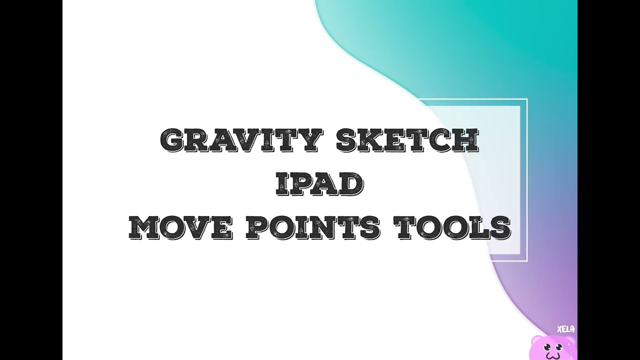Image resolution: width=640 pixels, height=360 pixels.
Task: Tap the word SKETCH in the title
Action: pos(407,141)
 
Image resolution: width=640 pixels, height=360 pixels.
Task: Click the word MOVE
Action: pos(180,227)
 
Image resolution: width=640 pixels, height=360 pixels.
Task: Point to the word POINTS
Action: pos(313,227)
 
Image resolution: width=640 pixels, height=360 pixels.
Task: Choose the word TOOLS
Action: pos(452,227)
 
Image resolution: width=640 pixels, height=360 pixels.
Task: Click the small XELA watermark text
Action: pos(565,329)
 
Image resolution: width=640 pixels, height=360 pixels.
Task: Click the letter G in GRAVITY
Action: pos(173,141)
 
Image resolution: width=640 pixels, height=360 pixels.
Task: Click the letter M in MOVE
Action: pos(144,227)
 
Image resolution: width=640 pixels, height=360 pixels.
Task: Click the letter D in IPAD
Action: pos(352,184)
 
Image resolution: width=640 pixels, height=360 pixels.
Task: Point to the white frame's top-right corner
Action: pos(526,99)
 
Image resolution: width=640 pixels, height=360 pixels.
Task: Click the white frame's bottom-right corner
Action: pos(526,260)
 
